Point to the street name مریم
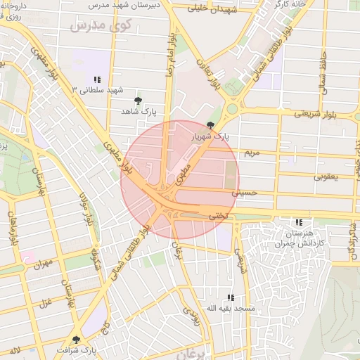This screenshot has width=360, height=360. coord(251,151)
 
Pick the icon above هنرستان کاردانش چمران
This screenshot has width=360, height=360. coord(300,222)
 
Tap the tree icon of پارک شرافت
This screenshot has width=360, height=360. coord(76,340)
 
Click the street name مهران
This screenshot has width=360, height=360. coord(44,264)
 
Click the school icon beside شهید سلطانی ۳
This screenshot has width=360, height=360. coord(96,79)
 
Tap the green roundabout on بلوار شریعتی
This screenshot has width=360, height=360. coord(231,109)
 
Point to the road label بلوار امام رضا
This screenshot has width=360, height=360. coord(168,55)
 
